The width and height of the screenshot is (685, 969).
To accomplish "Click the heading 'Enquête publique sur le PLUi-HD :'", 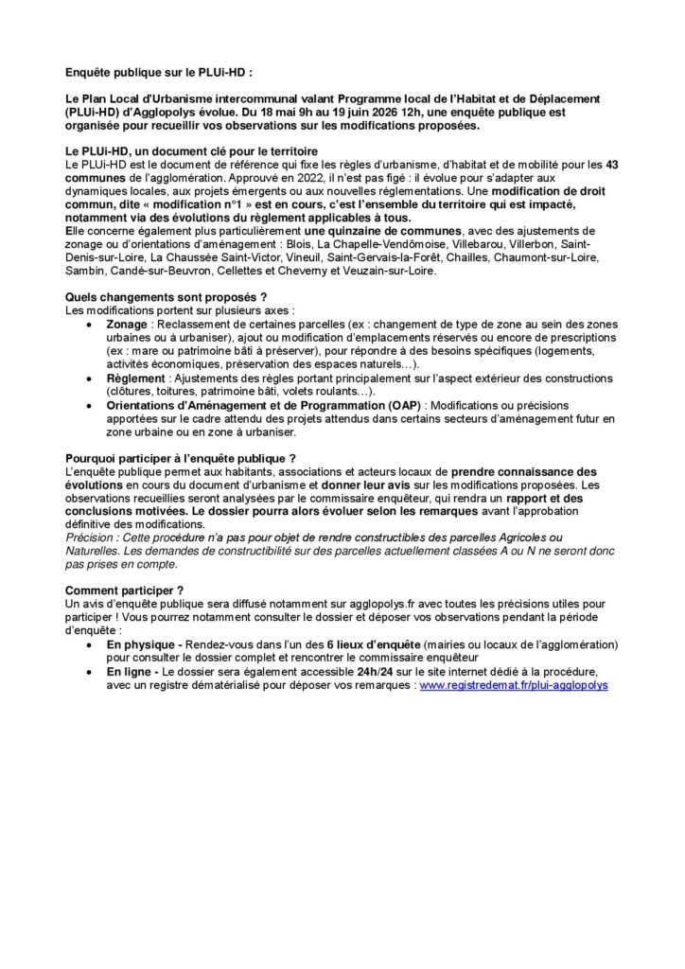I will tap(159, 72).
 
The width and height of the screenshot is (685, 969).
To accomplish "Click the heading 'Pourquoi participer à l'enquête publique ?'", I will tap(181, 458).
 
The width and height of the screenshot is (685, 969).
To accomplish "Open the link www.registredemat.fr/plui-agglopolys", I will tap(514, 683).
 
